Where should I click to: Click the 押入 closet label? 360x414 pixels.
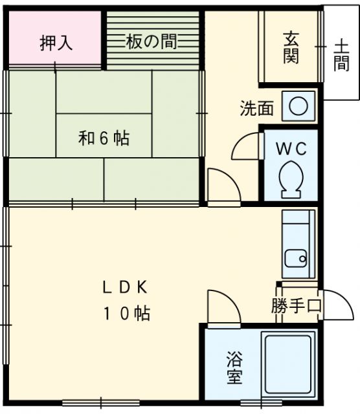click(x=56, y=43)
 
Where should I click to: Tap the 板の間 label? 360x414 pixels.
click(x=152, y=43)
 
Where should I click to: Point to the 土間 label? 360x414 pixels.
click(x=342, y=54)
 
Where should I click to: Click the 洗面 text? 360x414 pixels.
click(x=256, y=109)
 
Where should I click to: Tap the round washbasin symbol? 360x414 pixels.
click(x=297, y=107)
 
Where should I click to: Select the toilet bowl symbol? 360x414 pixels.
click(x=289, y=177)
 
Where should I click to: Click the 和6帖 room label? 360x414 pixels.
click(x=104, y=138)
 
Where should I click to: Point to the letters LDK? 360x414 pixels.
click(x=126, y=287)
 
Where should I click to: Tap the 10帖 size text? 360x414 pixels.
click(x=126, y=314)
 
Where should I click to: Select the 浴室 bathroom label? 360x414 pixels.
click(x=234, y=367)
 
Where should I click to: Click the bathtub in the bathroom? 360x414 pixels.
click(x=287, y=365)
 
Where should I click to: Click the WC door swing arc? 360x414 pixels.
click(x=245, y=146)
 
